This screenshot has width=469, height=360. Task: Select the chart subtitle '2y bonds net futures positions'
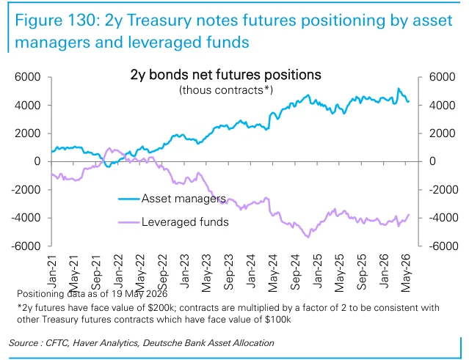(226, 75)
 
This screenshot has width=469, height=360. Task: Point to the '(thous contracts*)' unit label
(226, 90)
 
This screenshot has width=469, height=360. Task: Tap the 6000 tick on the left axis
(27, 77)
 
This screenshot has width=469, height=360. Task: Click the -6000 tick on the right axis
(443, 246)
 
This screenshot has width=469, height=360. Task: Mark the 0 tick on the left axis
(37, 161)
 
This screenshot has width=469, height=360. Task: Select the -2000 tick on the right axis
(443, 190)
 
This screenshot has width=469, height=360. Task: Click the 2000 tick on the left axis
(27, 133)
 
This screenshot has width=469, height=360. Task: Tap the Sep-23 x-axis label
(228, 272)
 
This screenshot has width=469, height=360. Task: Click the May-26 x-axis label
(406, 273)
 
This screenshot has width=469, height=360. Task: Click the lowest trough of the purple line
(308, 238)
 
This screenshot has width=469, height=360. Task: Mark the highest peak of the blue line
(399, 89)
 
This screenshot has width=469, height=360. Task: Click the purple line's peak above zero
(109, 148)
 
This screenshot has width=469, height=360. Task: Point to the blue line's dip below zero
(109, 166)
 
